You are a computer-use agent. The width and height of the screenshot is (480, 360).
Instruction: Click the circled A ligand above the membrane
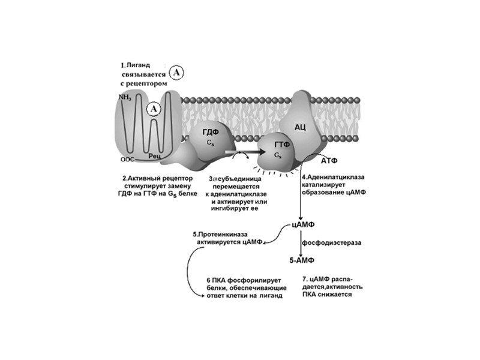coord(176,73)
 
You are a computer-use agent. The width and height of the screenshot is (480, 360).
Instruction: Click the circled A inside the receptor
coord(154,109)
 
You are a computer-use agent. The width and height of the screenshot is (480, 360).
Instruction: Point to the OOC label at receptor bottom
coord(127,160)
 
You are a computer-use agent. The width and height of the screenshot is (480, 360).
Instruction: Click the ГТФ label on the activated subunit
coord(282,145)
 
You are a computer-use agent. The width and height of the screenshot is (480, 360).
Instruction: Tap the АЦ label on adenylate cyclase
coord(301,127)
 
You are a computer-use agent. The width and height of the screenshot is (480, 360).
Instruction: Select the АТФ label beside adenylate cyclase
coord(332,161)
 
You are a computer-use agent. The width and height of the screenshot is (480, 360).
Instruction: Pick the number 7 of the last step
coord(305,279)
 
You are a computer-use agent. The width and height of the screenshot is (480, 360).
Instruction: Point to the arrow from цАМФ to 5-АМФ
coord(300,243)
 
